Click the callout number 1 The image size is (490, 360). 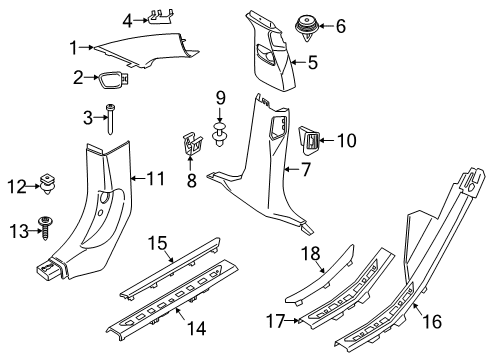click(x=73, y=45)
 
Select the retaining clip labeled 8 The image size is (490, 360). click(x=192, y=142)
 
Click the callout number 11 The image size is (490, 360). click(x=155, y=181)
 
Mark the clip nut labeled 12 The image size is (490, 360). click(x=46, y=184)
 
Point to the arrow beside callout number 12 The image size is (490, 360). click(x=31, y=184)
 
